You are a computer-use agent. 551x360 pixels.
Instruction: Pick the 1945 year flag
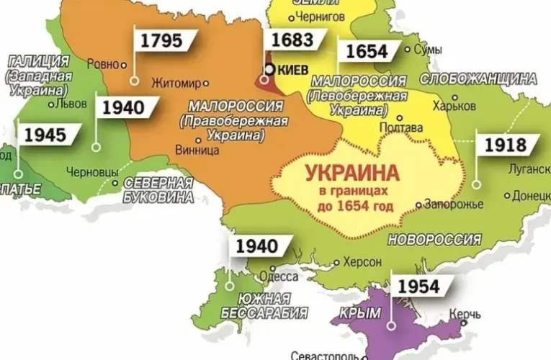(x=45, y=135)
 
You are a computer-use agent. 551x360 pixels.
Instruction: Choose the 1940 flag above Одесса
(x=256, y=247)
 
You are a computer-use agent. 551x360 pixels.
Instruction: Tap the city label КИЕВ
(x=293, y=70)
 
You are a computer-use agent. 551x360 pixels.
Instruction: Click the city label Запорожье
(x=454, y=204)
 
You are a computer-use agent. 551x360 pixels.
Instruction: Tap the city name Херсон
(x=362, y=261)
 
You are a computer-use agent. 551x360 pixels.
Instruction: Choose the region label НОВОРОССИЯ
(x=434, y=240)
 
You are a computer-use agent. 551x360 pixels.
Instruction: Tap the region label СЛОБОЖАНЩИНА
(x=478, y=78)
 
